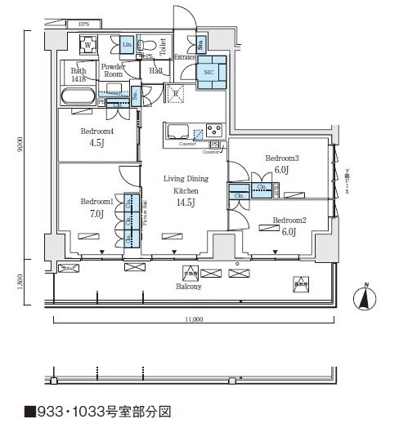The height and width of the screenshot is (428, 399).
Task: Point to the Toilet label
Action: coord(164,46)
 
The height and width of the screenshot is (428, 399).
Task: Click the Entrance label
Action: coord(183,58)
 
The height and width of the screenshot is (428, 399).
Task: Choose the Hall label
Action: coord(155,71)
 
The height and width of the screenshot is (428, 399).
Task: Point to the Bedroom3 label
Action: coord(283,158)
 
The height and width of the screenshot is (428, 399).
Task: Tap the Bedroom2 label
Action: coord(289,220)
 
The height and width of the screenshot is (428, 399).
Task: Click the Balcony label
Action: coord(189,287)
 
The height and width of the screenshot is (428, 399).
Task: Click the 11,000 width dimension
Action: coord(193,319)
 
